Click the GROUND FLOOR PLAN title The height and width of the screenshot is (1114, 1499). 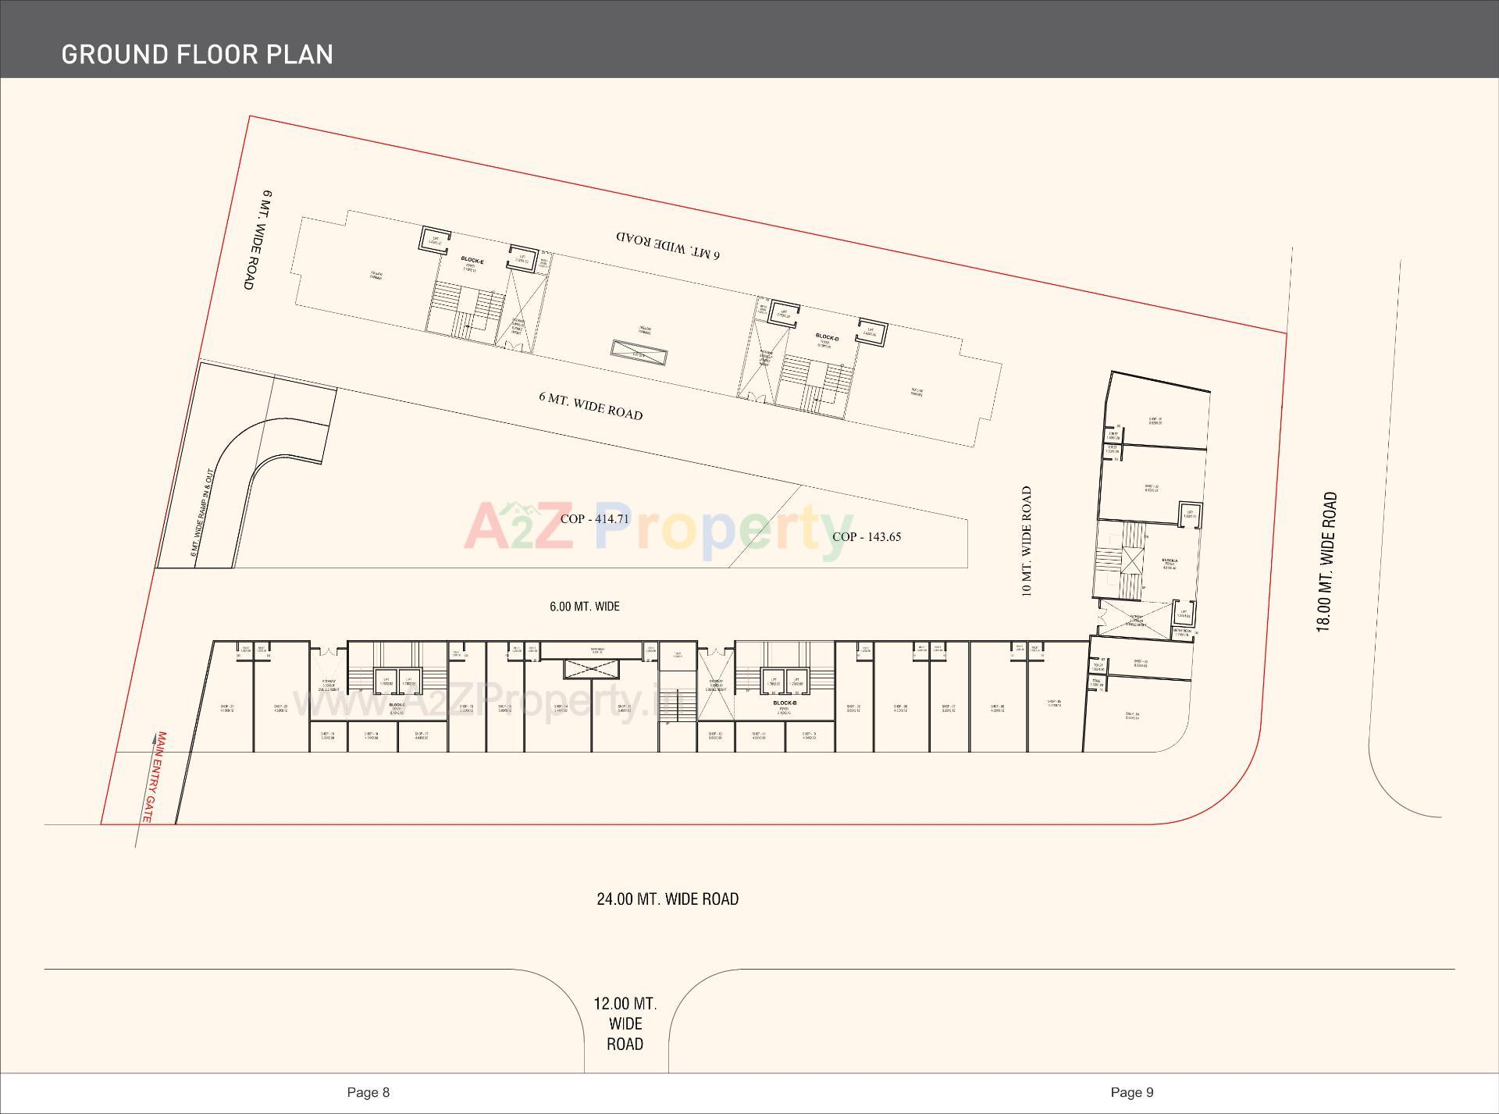pyautogui.click(x=197, y=54)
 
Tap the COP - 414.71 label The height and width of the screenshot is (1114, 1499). pyautogui.click(x=594, y=519)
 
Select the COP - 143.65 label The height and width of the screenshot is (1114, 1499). pyautogui.click(x=867, y=537)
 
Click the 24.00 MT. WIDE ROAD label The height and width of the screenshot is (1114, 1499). pyautogui.click(x=668, y=899)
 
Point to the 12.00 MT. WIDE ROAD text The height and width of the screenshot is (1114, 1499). pyautogui.click(x=625, y=1023)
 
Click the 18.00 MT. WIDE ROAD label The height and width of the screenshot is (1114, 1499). pyautogui.click(x=1326, y=562)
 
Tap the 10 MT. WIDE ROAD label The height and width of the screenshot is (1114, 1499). pyautogui.click(x=1027, y=542)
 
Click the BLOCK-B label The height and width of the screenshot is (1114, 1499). pyautogui.click(x=785, y=703)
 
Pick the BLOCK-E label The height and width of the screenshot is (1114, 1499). pyautogui.click(x=472, y=260)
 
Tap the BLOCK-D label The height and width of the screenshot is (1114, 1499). pyautogui.click(x=827, y=337)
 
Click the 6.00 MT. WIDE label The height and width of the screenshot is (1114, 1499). pyautogui.click(x=585, y=607)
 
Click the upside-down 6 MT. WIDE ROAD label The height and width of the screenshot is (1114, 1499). pyautogui.click(x=668, y=245)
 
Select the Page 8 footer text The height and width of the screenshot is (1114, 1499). pyautogui.click(x=368, y=1092)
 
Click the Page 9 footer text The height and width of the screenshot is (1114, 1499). pyautogui.click(x=1131, y=1092)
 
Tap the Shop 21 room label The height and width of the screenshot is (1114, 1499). pyautogui.click(x=227, y=708)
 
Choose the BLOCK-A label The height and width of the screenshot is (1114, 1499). pyautogui.click(x=1169, y=561)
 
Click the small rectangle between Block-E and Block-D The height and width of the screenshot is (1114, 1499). pyautogui.click(x=639, y=353)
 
